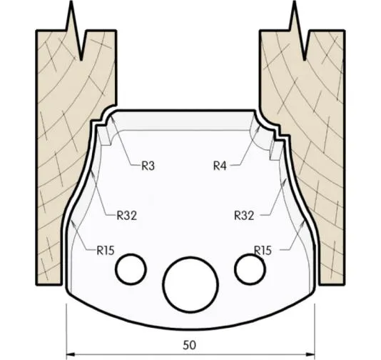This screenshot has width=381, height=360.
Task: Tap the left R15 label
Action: coord(107,250)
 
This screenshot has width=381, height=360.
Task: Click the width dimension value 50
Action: coord(189,345)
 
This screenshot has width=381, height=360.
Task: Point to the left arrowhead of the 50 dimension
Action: coord(69,353)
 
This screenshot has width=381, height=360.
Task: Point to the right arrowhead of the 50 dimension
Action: coord(312,353)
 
